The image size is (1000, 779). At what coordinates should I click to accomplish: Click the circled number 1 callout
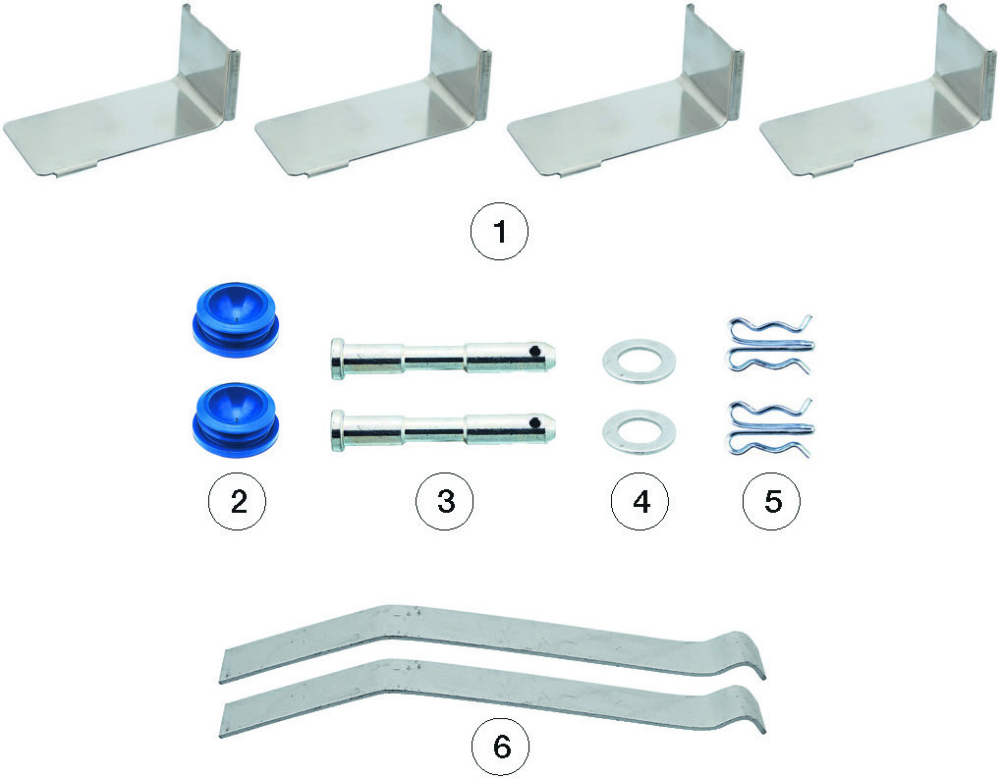[x=499, y=231]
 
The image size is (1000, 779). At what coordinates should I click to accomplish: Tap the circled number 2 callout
[x=238, y=501]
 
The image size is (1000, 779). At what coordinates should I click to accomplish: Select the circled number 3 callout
[x=445, y=501]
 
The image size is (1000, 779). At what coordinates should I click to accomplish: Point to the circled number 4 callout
[x=639, y=501]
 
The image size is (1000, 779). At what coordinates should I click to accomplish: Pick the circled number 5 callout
[x=772, y=501]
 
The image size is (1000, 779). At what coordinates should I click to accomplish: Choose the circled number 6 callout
[x=501, y=746]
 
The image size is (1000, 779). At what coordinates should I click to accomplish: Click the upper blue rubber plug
[x=236, y=318]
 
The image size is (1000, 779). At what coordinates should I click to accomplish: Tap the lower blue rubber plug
[x=236, y=419]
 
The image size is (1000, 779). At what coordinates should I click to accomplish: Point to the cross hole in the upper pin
[x=539, y=351]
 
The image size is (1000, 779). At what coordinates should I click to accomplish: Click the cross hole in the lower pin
[x=539, y=421]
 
